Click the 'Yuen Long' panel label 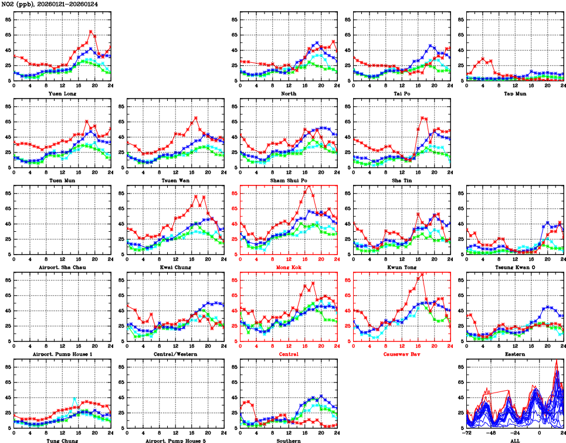tap(62, 93)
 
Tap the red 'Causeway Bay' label tap(402, 354)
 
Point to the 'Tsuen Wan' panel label tap(175, 180)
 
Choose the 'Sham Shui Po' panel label tap(288, 180)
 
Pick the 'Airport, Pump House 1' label tap(62, 354)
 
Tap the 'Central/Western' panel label tap(175, 354)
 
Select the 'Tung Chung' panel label tap(62, 440)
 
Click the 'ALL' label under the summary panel tap(514, 440)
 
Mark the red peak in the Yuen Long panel tap(90, 31)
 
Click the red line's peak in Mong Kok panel tap(309, 185)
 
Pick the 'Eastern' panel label tap(514, 354)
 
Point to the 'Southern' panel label tap(288, 440)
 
